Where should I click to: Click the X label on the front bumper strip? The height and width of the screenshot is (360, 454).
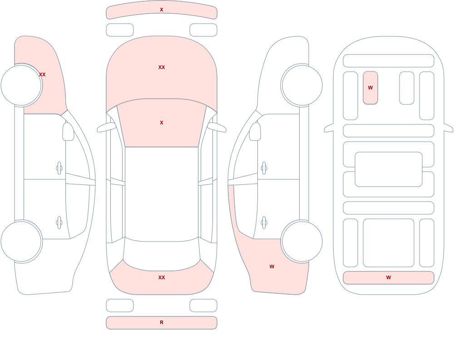click(x=162, y=10)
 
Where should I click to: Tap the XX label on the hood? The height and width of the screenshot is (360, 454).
click(x=162, y=67)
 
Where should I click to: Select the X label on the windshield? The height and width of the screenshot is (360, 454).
click(x=162, y=123)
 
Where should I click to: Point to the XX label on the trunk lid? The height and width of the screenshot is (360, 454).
click(x=162, y=277)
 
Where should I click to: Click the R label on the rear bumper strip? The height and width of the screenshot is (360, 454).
click(x=162, y=322)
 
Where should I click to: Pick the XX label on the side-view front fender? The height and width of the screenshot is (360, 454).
click(x=42, y=74)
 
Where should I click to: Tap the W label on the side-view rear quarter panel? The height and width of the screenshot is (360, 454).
click(x=272, y=266)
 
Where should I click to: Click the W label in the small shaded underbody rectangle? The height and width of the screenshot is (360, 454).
click(x=370, y=88)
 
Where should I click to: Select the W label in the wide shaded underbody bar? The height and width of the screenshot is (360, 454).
click(x=389, y=277)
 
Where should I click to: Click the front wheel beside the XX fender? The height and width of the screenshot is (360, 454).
click(x=21, y=85)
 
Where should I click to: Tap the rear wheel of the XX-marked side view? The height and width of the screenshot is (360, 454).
click(x=21, y=241)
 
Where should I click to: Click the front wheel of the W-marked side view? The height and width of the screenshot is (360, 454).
click(x=302, y=85)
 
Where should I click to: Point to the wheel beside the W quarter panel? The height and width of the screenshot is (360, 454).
click(x=302, y=241)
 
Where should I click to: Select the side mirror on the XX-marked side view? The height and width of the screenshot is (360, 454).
click(x=68, y=132)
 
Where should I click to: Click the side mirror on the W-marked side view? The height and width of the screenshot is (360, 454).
click(x=255, y=132)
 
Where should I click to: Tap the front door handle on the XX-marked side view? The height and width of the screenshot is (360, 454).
click(x=59, y=168)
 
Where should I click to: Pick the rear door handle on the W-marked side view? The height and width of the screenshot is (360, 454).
click(x=264, y=223)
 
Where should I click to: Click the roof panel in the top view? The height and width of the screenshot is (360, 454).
click(x=162, y=194)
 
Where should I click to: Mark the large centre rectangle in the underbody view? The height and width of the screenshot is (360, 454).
click(x=389, y=169)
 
